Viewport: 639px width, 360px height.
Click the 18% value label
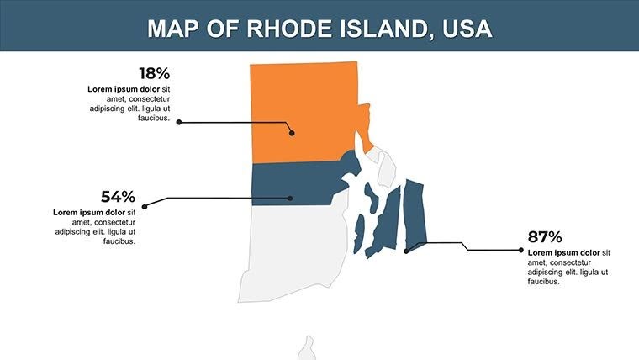point(154,74)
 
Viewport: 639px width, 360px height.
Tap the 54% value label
point(118,197)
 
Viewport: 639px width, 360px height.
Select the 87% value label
point(544,237)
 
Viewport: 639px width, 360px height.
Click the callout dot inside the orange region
point(291,132)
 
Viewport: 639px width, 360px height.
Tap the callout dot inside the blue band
point(290,199)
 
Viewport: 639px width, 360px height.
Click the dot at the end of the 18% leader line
point(178,122)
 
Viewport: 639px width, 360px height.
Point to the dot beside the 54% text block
point(145,206)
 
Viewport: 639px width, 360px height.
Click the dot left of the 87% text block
point(522,249)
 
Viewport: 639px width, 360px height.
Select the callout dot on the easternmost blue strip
point(406,250)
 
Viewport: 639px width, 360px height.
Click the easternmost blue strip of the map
point(415,214)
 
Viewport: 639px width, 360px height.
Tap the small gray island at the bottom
point(307,348)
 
